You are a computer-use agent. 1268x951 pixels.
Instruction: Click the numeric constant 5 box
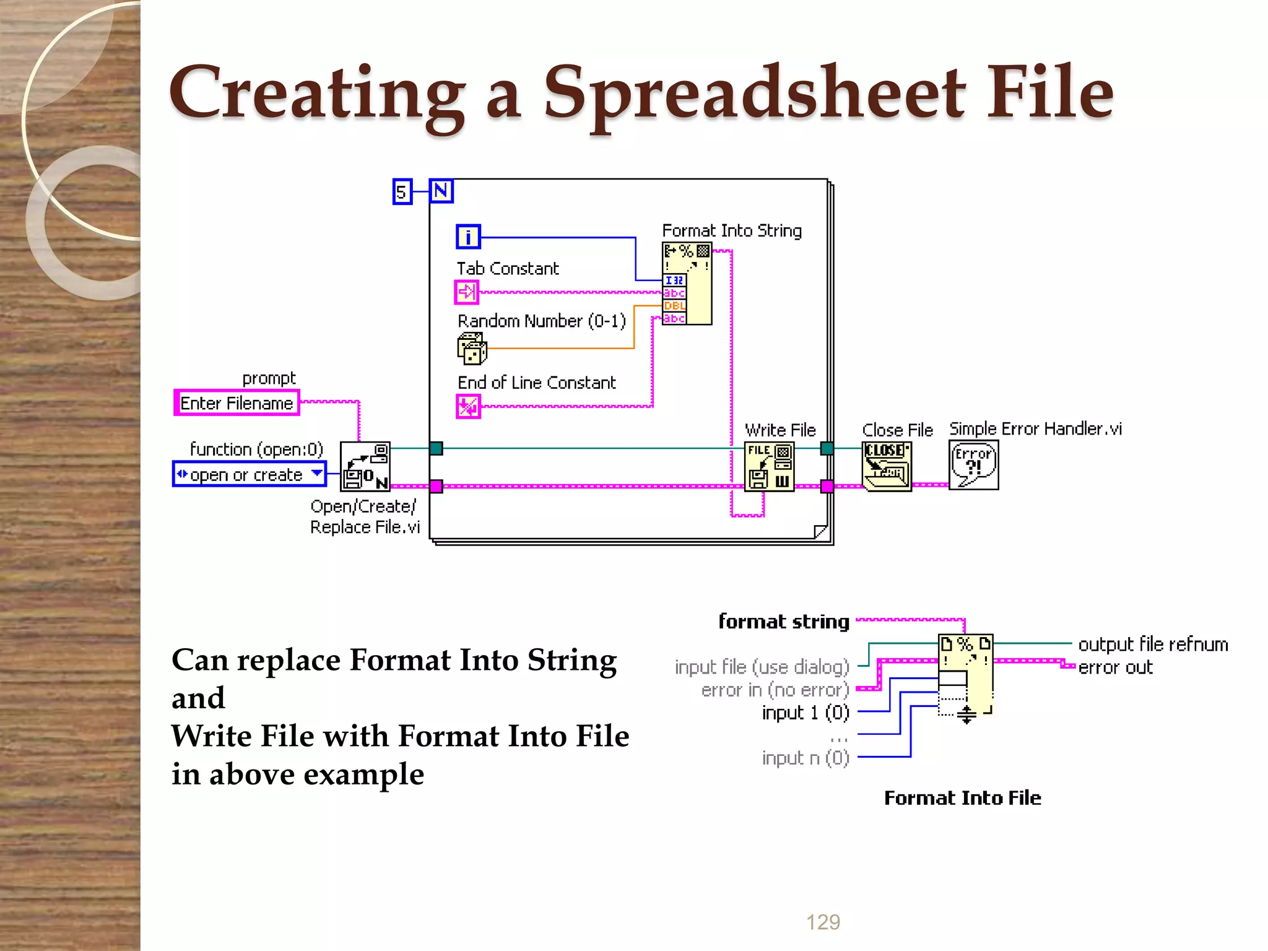tap(402, 191)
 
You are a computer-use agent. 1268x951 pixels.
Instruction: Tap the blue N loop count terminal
tap(441, 191)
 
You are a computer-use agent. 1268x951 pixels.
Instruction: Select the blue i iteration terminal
tap(468, 237)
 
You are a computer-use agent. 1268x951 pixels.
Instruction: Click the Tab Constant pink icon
tap(467, 292)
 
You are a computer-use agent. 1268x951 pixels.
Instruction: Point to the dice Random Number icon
tap(472, 349)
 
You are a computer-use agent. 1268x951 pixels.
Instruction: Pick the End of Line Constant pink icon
tap(468, 407)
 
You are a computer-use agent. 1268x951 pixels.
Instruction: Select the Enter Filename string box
tap(237, 403)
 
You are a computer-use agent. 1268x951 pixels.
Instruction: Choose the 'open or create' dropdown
tap(249, 474)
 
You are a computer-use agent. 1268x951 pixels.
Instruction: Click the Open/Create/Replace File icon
tap(365, 467)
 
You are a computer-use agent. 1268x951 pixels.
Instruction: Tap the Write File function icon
tap(769, 467)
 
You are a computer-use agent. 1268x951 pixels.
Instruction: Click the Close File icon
tap(887, 467)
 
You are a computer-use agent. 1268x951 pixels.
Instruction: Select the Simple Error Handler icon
tap(973, 466)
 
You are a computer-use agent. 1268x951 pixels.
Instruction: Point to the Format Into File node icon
tap(966, 674)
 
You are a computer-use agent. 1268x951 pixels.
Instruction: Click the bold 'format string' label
tap(783, 621)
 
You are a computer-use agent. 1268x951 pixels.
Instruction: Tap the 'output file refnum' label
tap(1153, 645)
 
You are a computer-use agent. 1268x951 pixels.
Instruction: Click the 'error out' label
tap(1115, 667)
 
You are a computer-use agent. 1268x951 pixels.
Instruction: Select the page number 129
tap(823, 922)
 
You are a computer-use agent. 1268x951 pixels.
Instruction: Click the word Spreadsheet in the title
tap(754, 93)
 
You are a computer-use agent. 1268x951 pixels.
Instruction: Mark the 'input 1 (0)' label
tap(806, 713)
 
